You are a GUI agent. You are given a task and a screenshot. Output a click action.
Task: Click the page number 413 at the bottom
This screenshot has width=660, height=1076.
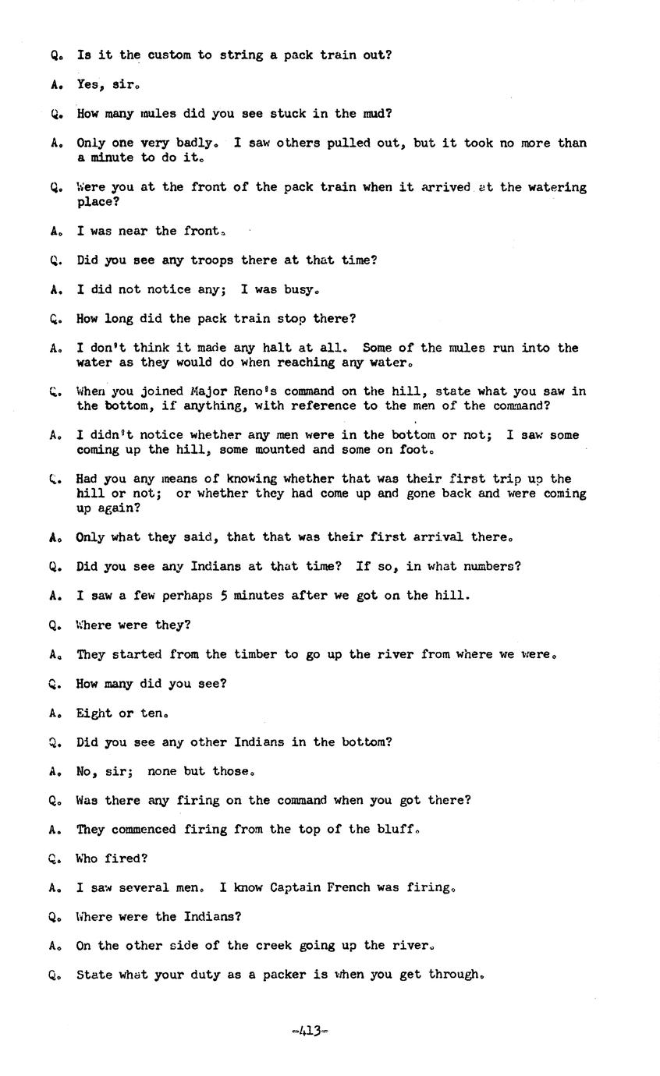point(309,1031)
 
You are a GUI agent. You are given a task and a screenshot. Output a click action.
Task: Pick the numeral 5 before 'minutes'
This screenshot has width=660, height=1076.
point(224,596)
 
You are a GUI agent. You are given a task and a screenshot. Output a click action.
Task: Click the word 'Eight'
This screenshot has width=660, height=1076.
point(94,713)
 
